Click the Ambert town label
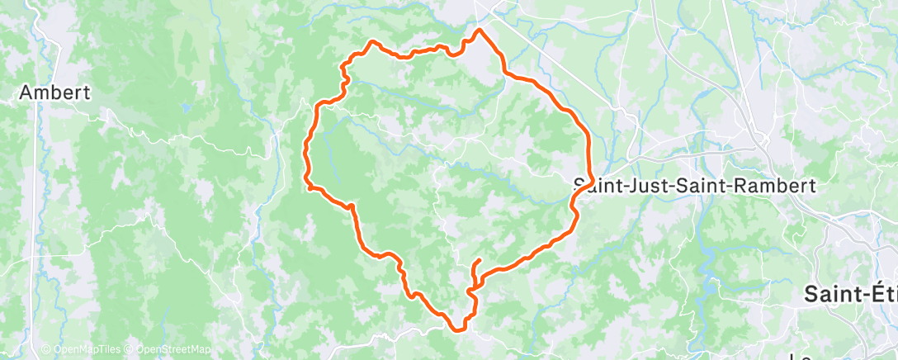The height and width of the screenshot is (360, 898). [54, 92]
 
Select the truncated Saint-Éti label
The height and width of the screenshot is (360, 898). [851, 293]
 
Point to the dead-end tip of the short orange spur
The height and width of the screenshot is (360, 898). [480, 261]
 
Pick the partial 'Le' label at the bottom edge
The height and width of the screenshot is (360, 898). [799, 356]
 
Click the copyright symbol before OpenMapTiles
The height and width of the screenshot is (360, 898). [45, 349]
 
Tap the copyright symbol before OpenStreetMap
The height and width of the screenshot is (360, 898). [131, 349]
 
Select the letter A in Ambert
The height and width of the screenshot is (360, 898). [26, 92]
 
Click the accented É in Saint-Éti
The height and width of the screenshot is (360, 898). [868, 293]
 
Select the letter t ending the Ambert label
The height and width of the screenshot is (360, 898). [86, 92]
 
